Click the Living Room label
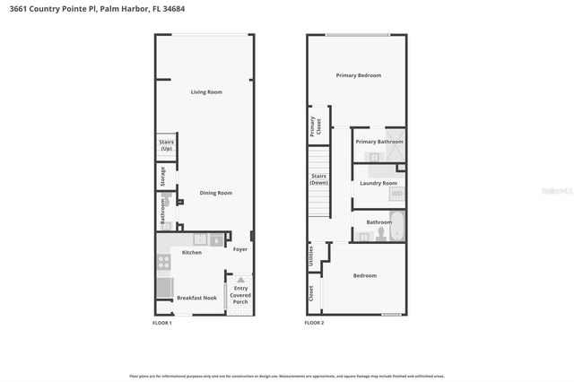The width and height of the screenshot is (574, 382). tap(206, 92)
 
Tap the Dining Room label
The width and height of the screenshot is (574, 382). tap(215, 193)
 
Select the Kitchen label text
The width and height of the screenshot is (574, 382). tap(192, 253)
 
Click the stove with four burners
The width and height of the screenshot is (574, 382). tap(164, 263)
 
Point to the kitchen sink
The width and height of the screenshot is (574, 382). tap(203, 239)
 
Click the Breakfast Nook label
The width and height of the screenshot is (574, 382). tap(196, 298)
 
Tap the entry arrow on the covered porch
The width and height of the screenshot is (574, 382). tap(240, 281)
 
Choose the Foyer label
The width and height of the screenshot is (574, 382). tap(240, 249)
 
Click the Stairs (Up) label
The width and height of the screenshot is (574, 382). tap(166, 145)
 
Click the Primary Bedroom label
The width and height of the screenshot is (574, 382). tap(359, 75)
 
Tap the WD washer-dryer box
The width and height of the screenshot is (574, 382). tap(396, 194)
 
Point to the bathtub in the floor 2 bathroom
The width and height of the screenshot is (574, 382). tap(397, 228)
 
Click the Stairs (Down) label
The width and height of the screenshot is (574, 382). tap(318, 178)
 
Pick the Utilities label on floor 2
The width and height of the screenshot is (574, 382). tap(310, 256)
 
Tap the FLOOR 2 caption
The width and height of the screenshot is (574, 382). tap(314, 323)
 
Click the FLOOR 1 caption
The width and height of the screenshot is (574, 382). tap(161, 323)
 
